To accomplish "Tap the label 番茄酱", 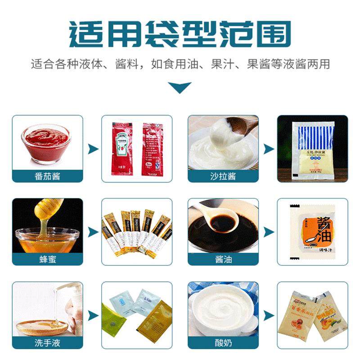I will (47, 176).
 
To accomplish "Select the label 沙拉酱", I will (223, 176).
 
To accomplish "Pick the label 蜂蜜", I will (47, 259).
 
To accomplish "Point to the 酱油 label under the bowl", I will (223, 259).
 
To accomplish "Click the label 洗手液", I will (47, 343).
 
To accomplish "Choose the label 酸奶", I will (223, 343).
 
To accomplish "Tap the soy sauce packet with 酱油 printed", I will (312, 231).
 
